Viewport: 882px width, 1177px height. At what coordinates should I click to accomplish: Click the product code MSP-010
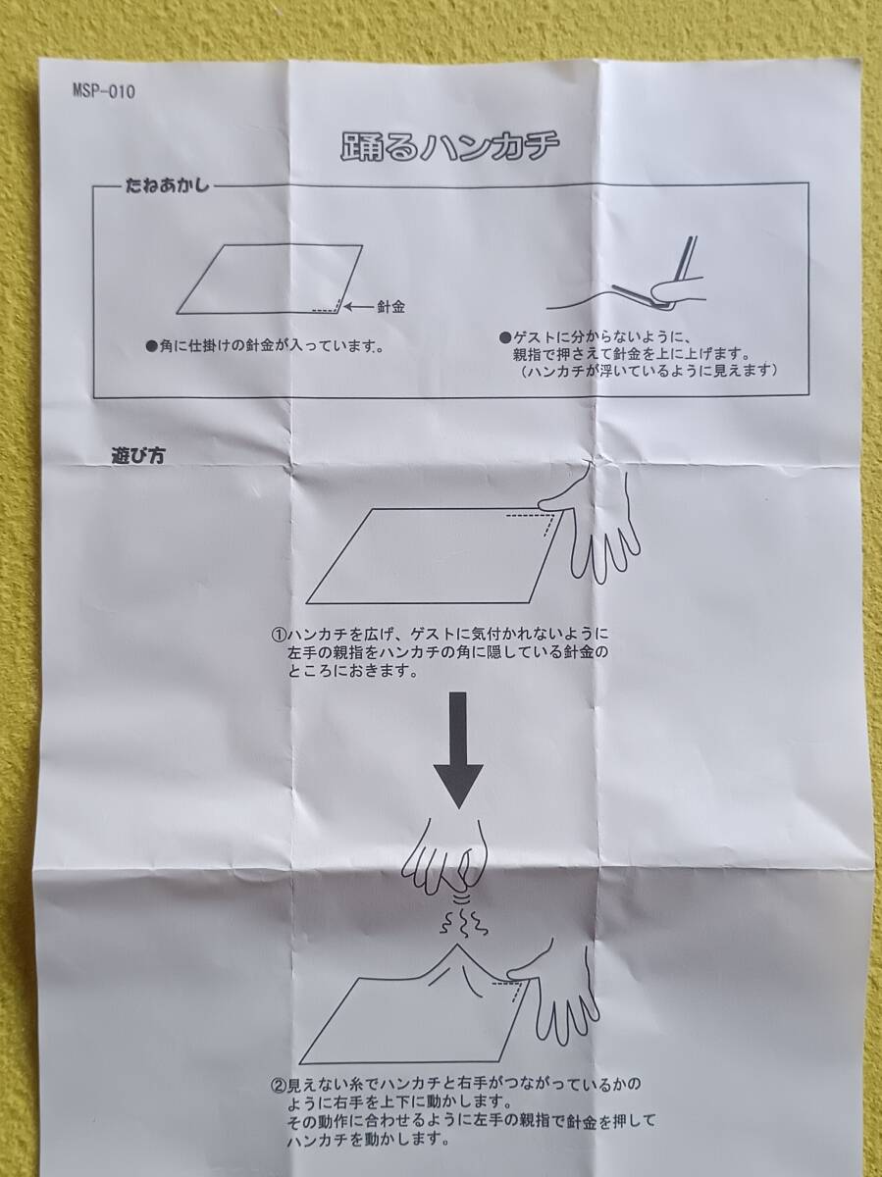click(104, 91)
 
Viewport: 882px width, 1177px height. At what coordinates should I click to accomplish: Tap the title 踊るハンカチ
click(449, 146)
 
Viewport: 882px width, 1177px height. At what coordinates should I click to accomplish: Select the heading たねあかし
click(167, 185)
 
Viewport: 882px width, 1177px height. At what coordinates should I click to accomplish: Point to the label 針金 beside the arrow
click(390, 307)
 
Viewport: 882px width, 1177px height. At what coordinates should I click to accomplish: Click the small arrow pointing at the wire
click(359, 307)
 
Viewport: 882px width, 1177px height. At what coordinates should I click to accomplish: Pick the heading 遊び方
click(137, 456)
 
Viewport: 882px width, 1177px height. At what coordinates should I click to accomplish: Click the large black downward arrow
click(458, 749)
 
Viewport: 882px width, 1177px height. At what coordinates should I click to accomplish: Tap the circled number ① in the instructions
click(279, 635)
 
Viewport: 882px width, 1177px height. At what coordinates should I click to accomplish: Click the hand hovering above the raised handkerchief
click(445, 856)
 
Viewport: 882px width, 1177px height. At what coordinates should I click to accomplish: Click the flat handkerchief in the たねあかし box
click(270, 279)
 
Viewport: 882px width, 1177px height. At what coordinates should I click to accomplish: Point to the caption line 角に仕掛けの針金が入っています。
click(266, 346)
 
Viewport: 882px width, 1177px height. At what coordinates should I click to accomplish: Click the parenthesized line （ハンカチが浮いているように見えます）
click(649, 371)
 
